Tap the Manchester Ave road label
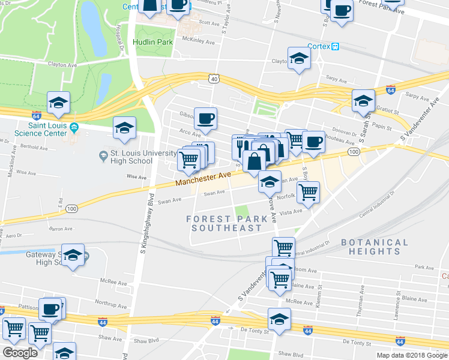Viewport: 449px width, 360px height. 203,179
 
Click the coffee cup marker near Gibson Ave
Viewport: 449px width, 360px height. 205,119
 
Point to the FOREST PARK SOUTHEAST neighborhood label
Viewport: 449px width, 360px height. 224,223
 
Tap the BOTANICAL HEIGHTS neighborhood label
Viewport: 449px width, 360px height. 374,247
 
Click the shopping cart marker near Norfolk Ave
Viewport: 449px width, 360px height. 308,192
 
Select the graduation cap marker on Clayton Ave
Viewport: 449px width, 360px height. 298,58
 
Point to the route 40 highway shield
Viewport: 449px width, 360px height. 214,78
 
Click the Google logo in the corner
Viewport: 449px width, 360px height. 20,353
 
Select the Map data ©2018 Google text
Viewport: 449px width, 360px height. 411,355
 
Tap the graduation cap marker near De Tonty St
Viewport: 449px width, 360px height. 279,320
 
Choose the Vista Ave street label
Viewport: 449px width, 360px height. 291,212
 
